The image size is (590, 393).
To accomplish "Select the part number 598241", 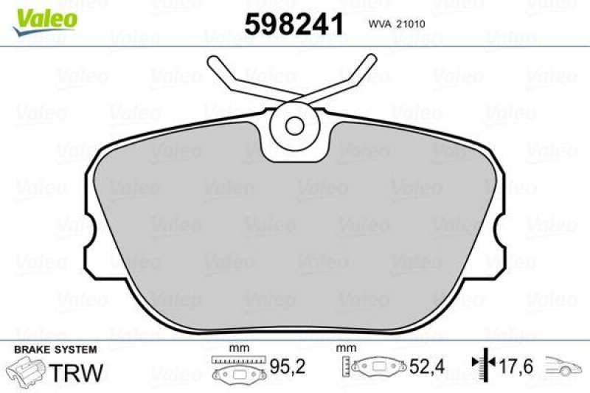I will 294,25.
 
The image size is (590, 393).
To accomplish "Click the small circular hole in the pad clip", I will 295,125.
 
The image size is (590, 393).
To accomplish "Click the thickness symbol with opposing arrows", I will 483,365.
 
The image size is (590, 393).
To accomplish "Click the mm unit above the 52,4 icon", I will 342,348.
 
